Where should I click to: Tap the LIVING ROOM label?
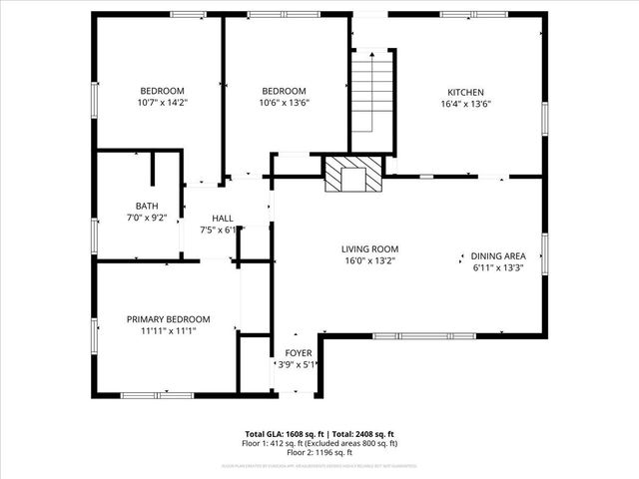369,249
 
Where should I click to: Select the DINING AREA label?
498,255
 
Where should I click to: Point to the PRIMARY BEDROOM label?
161,318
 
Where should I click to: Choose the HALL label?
223,218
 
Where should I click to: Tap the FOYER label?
299,353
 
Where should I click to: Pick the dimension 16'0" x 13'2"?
369,261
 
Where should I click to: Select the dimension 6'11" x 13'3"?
498,267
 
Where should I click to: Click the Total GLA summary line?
320,434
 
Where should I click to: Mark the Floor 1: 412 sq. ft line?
320,443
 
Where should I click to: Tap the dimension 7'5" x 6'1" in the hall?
222,230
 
